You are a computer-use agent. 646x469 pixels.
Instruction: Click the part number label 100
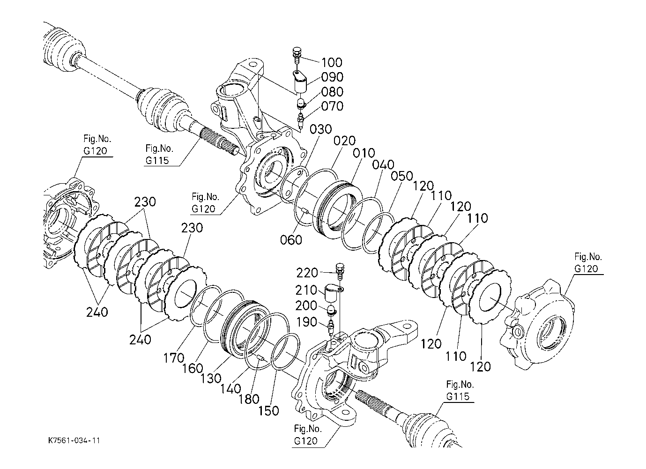point(332,63)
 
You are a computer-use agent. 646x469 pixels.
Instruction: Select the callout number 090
point(332,77)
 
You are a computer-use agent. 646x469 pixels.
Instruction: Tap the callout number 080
point(332,92)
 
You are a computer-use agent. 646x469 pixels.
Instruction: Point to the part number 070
point(332,106)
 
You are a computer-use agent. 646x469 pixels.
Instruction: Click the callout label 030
point(321,129)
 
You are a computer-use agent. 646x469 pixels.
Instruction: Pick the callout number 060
point(291,240)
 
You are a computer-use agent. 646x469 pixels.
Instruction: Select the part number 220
point(307,273)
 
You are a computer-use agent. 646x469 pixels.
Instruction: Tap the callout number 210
point(306,290)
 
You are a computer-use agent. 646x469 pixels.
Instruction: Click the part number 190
point(306,322)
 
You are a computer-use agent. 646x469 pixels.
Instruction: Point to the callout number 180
point(249,399)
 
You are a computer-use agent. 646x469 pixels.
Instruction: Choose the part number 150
point(268,411)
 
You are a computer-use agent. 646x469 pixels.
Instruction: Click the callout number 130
point(211,379)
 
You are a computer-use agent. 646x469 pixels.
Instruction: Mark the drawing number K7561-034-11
point(74,441)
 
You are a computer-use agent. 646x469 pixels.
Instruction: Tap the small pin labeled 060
point(305,211)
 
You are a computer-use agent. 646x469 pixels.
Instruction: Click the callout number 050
point(402,176)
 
